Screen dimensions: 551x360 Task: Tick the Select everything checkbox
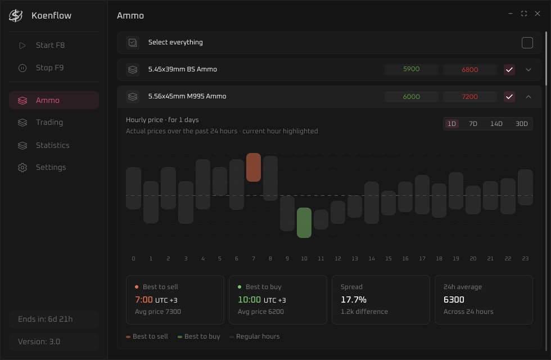coord(527,43)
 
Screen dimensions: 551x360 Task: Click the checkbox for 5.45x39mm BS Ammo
coord(509,70)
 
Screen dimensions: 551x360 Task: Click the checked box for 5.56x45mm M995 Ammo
coord(509,97)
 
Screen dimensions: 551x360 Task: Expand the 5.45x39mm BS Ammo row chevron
coord(528,70)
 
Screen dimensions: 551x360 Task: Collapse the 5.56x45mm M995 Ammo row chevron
coord(528,97)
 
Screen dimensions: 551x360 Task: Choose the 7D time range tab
coord(473,124)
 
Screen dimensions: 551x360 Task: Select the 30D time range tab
coord(522,124)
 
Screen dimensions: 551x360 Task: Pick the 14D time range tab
coord(496,124)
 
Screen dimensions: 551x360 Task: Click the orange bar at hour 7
coord(254,168)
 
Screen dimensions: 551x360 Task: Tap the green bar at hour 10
coord(304,223)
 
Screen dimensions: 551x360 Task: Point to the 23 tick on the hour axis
coord(525,258)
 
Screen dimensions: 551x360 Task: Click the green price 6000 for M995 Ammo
coord(411,97)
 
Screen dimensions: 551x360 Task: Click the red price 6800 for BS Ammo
coord(470,70)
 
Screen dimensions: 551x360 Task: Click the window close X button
coord(538,13)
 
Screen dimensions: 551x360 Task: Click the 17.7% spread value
coord(354,299)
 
